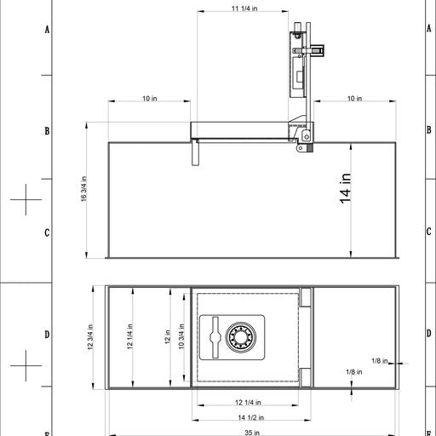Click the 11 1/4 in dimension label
(x=244, y=9)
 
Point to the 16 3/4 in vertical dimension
(x=83, y=189)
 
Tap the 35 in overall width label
(x=251, y=433)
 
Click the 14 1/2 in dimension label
(x=251, y=417)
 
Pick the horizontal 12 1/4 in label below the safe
(x=248, y=402)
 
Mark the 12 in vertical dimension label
(x=168, y=337)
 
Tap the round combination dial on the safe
(x=240, y=337)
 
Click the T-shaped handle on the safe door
(x=213, y=338)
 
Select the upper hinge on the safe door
(x=304, y=301)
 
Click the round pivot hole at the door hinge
(x=300, y=149)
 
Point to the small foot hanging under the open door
(x=195, y=153)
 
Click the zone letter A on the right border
(x=428, y=29)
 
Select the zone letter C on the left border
(x=47, y=232)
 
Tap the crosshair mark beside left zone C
(x=26, y=200)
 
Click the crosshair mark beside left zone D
(x=26, y=366)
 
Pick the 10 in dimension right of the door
(x=354, y=99)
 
